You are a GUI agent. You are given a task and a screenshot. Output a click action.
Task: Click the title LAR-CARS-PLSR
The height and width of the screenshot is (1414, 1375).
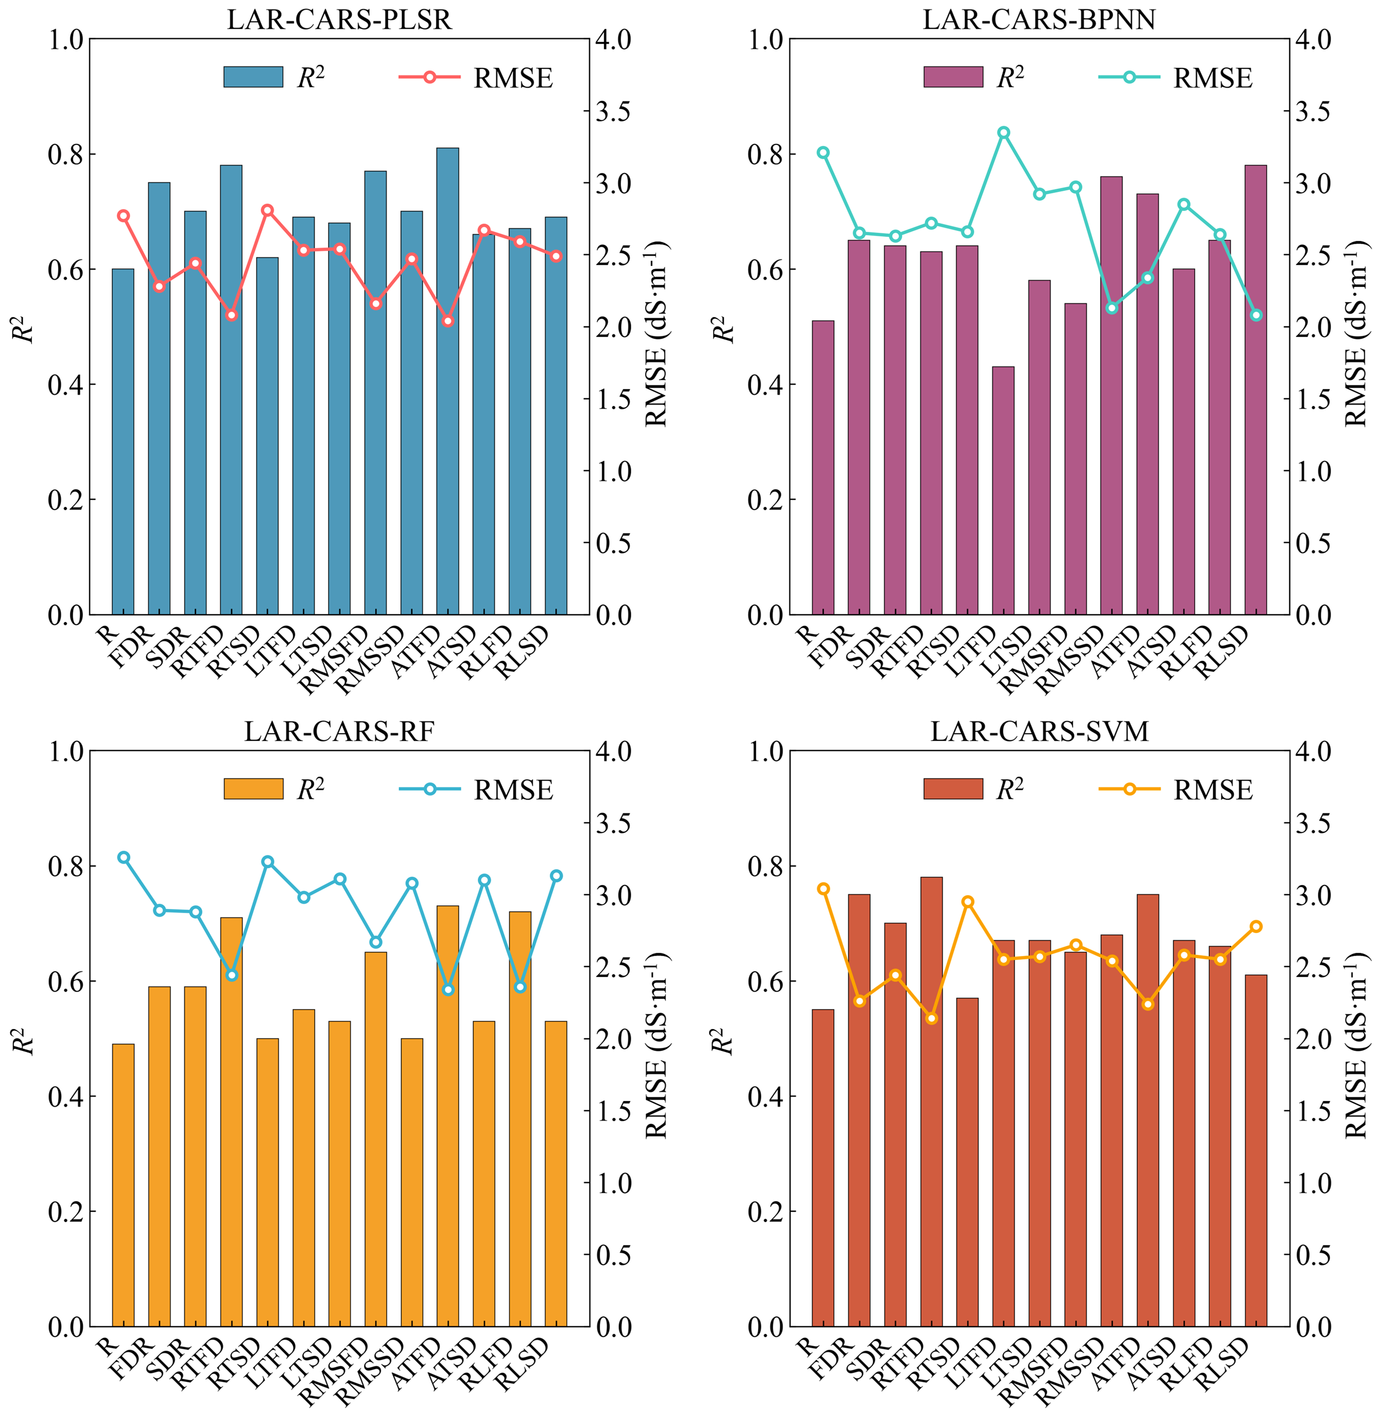click(339, 19)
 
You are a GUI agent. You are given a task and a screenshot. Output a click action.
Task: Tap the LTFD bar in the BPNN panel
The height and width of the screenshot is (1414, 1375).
click(1003, 491)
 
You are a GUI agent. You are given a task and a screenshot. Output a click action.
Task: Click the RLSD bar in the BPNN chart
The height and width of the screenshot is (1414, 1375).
click(1256, 390)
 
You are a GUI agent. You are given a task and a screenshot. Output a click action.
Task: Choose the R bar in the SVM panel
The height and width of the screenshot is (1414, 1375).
click(823, 1168)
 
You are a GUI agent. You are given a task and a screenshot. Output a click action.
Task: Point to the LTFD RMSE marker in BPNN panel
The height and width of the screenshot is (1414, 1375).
click(1003, 133)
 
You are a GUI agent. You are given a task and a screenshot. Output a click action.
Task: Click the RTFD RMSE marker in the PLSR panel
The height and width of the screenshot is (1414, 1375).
click(231, 315)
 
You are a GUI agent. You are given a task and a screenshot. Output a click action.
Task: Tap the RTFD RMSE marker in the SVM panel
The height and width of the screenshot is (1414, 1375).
click(931, 1019)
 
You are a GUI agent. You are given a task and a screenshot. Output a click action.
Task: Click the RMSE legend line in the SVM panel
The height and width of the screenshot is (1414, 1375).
click(1130, 789)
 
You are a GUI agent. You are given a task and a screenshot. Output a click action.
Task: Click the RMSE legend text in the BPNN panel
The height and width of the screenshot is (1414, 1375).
click(1213, 78)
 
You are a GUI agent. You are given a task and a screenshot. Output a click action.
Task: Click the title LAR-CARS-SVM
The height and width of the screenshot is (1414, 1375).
click(1039, 732)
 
